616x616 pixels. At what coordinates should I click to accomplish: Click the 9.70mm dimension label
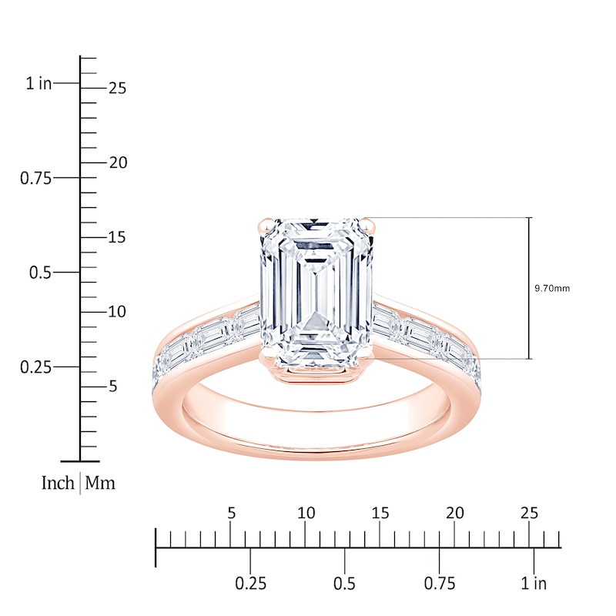552,289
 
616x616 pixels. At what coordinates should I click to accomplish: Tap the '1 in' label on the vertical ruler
38,84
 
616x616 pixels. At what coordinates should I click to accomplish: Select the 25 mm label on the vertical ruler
117,89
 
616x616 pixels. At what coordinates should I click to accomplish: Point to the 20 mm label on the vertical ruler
117,163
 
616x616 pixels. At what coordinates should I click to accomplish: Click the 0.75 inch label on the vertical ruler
35,179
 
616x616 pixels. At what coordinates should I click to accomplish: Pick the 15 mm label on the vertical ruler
117,238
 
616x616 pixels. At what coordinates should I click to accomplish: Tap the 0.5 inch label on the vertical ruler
38,273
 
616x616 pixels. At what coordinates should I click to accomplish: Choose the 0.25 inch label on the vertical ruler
35,367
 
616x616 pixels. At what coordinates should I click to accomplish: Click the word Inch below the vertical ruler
58,484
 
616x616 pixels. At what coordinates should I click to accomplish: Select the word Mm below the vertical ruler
100,484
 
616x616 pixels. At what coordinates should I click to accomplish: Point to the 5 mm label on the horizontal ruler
231,513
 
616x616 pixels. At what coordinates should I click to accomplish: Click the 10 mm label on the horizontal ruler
306,513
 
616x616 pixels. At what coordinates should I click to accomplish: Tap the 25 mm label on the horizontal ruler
529,513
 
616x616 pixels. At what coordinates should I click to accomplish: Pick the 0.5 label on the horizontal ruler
345,583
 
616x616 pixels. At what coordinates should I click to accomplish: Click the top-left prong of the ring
263,225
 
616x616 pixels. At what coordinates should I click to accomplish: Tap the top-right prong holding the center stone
373,225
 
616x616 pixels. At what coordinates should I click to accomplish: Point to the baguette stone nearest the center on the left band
247,322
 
